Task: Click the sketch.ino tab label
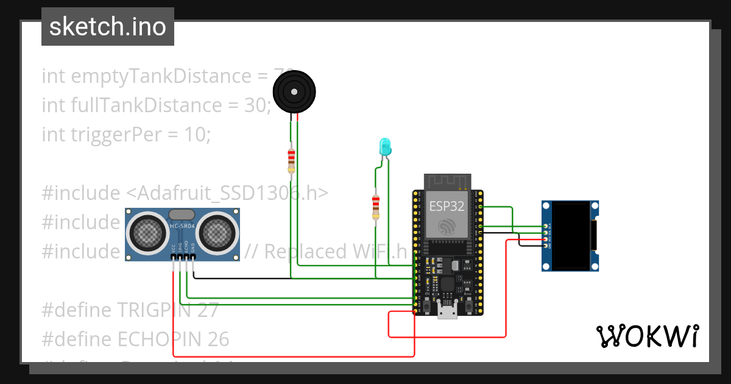(x=107, y=27)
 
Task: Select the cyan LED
(x=385, y=146)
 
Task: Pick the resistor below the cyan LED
(x=376, y=207)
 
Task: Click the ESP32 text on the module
(x=447, y=206)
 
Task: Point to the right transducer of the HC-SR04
(x=217, y=232)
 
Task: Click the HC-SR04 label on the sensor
(x=182, y=227)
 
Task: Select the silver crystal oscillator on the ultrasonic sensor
(x=182, y=215)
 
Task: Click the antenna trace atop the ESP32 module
(x=448, y=182)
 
